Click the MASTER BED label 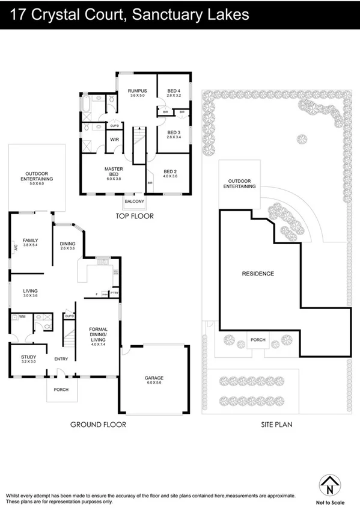(x=114, y=171)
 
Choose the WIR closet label (x=114, y=139)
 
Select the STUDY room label (x=28, y=358)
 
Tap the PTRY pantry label (x=115, y=293)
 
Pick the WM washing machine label (x=22, y=316)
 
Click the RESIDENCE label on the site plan (x=258, y=274)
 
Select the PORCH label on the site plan (x=258, y=340)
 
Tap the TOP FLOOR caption (x=135, y=216)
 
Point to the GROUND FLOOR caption (x=98, y=425)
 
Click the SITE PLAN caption (x=276, y=425)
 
